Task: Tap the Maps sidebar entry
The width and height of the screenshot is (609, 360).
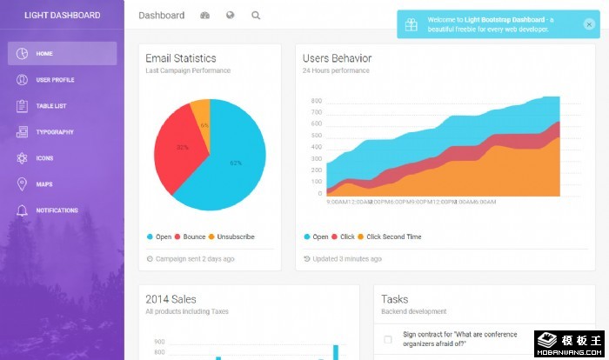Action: pos(43,184)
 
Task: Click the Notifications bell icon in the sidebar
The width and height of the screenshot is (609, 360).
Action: pos(22,210)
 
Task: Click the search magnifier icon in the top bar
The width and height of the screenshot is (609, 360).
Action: pos(256,16)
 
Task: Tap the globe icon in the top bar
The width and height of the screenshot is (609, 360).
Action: pos(231,16)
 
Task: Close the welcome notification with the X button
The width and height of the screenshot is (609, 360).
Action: pos(589,24)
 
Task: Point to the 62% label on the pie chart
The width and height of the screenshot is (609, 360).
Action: pos(235,163)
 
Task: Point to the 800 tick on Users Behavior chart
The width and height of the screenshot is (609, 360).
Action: pos(316,101)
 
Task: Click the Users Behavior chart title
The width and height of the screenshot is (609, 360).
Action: pos(337,58)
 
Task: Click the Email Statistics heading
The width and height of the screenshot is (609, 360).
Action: pos(181,58)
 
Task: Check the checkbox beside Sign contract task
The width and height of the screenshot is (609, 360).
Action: pos(388,339)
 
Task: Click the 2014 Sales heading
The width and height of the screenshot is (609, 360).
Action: pos(171,299)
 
